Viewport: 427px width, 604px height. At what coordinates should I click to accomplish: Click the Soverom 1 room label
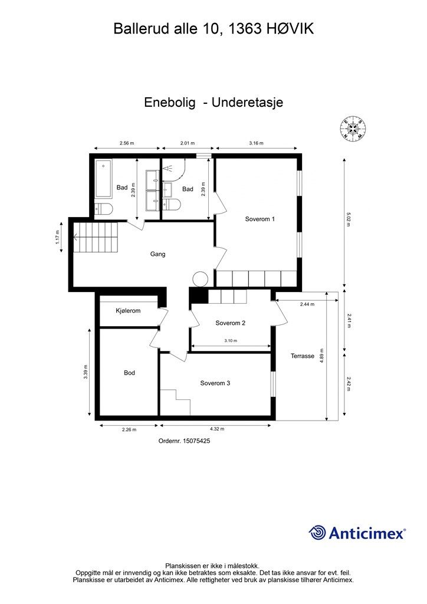(260, 219)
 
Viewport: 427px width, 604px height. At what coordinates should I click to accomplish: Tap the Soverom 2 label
(230, 323)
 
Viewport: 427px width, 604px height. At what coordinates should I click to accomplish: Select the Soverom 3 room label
(215, 383)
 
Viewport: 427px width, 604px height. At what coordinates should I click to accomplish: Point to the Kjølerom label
(128, 310)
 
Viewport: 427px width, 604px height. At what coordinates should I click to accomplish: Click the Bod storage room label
(129, 373)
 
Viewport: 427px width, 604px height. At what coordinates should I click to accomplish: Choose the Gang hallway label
(157, 254)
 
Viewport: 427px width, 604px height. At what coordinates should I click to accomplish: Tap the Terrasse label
(303, 356)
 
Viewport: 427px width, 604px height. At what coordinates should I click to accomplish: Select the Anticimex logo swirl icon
(318, 533)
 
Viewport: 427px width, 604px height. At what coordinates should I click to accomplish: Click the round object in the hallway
(200, 278)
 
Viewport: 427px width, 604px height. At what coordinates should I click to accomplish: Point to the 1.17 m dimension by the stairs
(58, 237)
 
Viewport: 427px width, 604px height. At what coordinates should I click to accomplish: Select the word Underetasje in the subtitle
(248, 102)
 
